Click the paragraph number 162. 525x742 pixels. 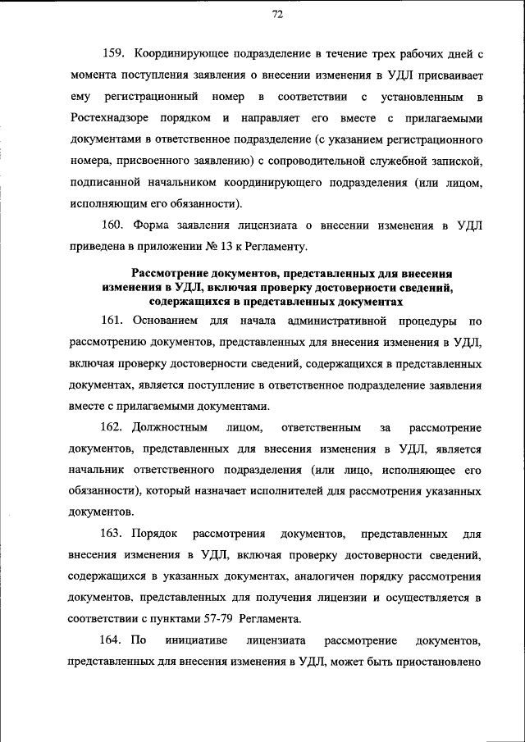(x=112, y=427)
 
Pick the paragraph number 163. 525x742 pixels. (x=112, y=534)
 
